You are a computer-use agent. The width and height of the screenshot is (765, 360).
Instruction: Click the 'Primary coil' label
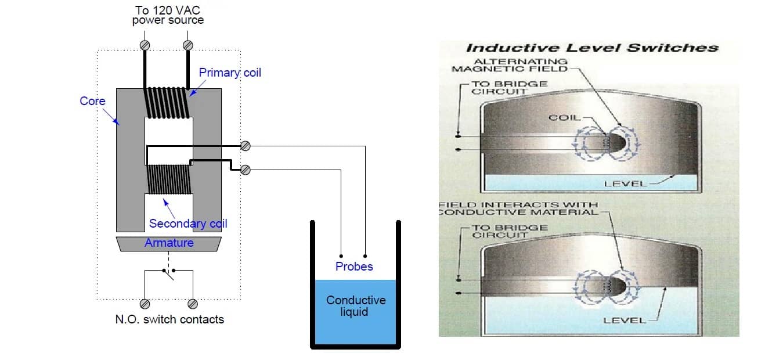(230, 73)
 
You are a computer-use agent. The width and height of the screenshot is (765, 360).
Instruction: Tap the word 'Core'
(92, 101)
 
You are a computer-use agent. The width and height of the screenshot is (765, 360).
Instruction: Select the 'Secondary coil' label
(188, 224)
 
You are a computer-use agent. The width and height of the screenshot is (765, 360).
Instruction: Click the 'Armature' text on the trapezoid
(169, 243)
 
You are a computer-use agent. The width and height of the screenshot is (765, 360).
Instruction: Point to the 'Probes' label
(354, 267)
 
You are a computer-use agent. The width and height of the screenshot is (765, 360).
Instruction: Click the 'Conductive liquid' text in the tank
(356, 305)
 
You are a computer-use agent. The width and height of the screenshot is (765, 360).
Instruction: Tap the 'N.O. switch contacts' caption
(169, 319)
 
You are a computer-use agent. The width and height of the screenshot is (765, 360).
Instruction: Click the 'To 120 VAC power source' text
(168, 15)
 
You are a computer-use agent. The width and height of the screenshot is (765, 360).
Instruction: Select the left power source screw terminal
(145, 45)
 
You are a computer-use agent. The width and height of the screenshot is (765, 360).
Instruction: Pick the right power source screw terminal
(188, 45)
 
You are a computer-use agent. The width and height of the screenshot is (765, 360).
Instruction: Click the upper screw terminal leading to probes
(245, 146)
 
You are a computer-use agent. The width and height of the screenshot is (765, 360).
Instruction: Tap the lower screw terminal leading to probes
(245, 170)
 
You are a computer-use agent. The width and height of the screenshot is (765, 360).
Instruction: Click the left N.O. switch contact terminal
(145, 304)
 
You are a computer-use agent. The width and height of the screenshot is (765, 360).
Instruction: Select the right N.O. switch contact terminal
(193, 304)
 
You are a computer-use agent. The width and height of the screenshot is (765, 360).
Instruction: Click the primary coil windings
(167, 103)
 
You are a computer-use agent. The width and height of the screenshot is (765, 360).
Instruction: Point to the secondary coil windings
(169, 179)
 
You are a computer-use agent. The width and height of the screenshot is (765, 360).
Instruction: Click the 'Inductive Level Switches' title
(592, 48)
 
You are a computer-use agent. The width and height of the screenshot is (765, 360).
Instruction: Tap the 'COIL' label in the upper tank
(565, 117)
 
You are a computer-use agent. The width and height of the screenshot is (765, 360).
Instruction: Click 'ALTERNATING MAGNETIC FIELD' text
(510, 65)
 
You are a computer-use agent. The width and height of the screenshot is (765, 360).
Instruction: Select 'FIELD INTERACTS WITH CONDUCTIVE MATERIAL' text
(519, 208)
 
